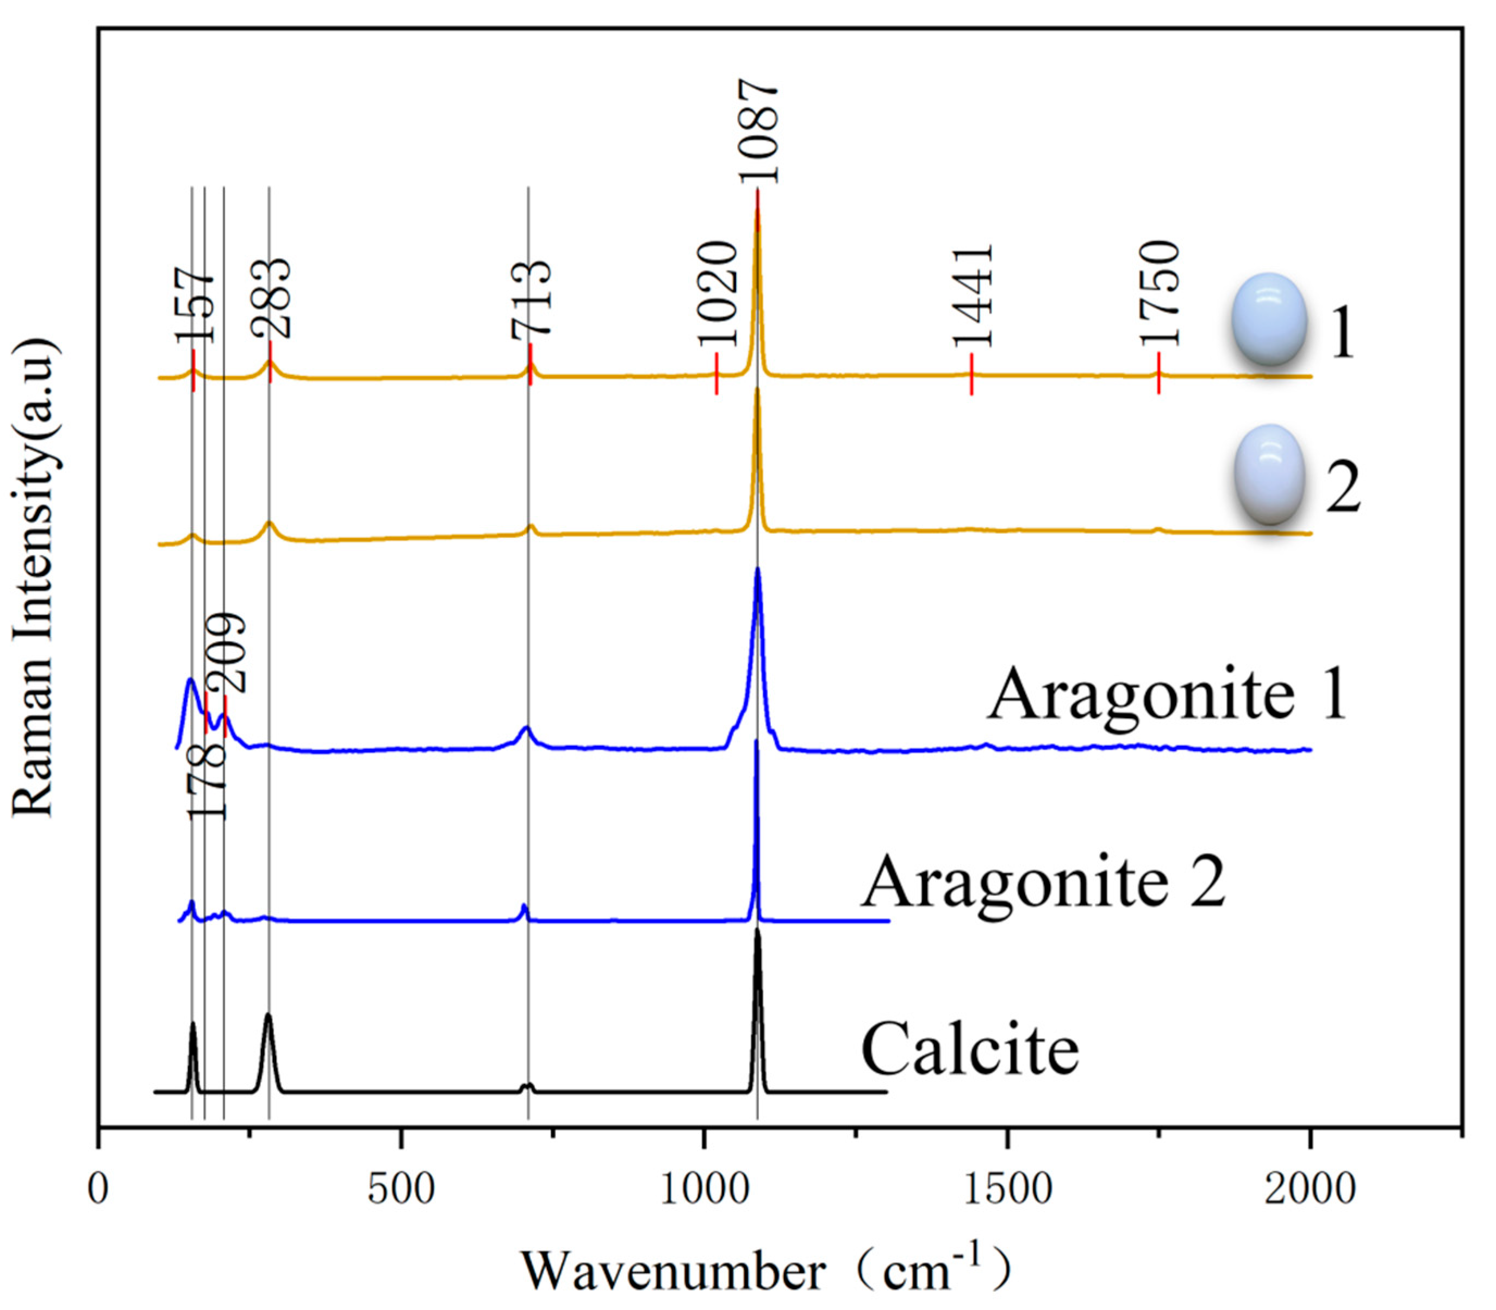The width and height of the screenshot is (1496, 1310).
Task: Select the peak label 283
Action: pos(271,298)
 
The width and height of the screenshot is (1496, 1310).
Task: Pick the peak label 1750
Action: pos(1160,293)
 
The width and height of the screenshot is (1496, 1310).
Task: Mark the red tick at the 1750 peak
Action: pos(1159,373)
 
